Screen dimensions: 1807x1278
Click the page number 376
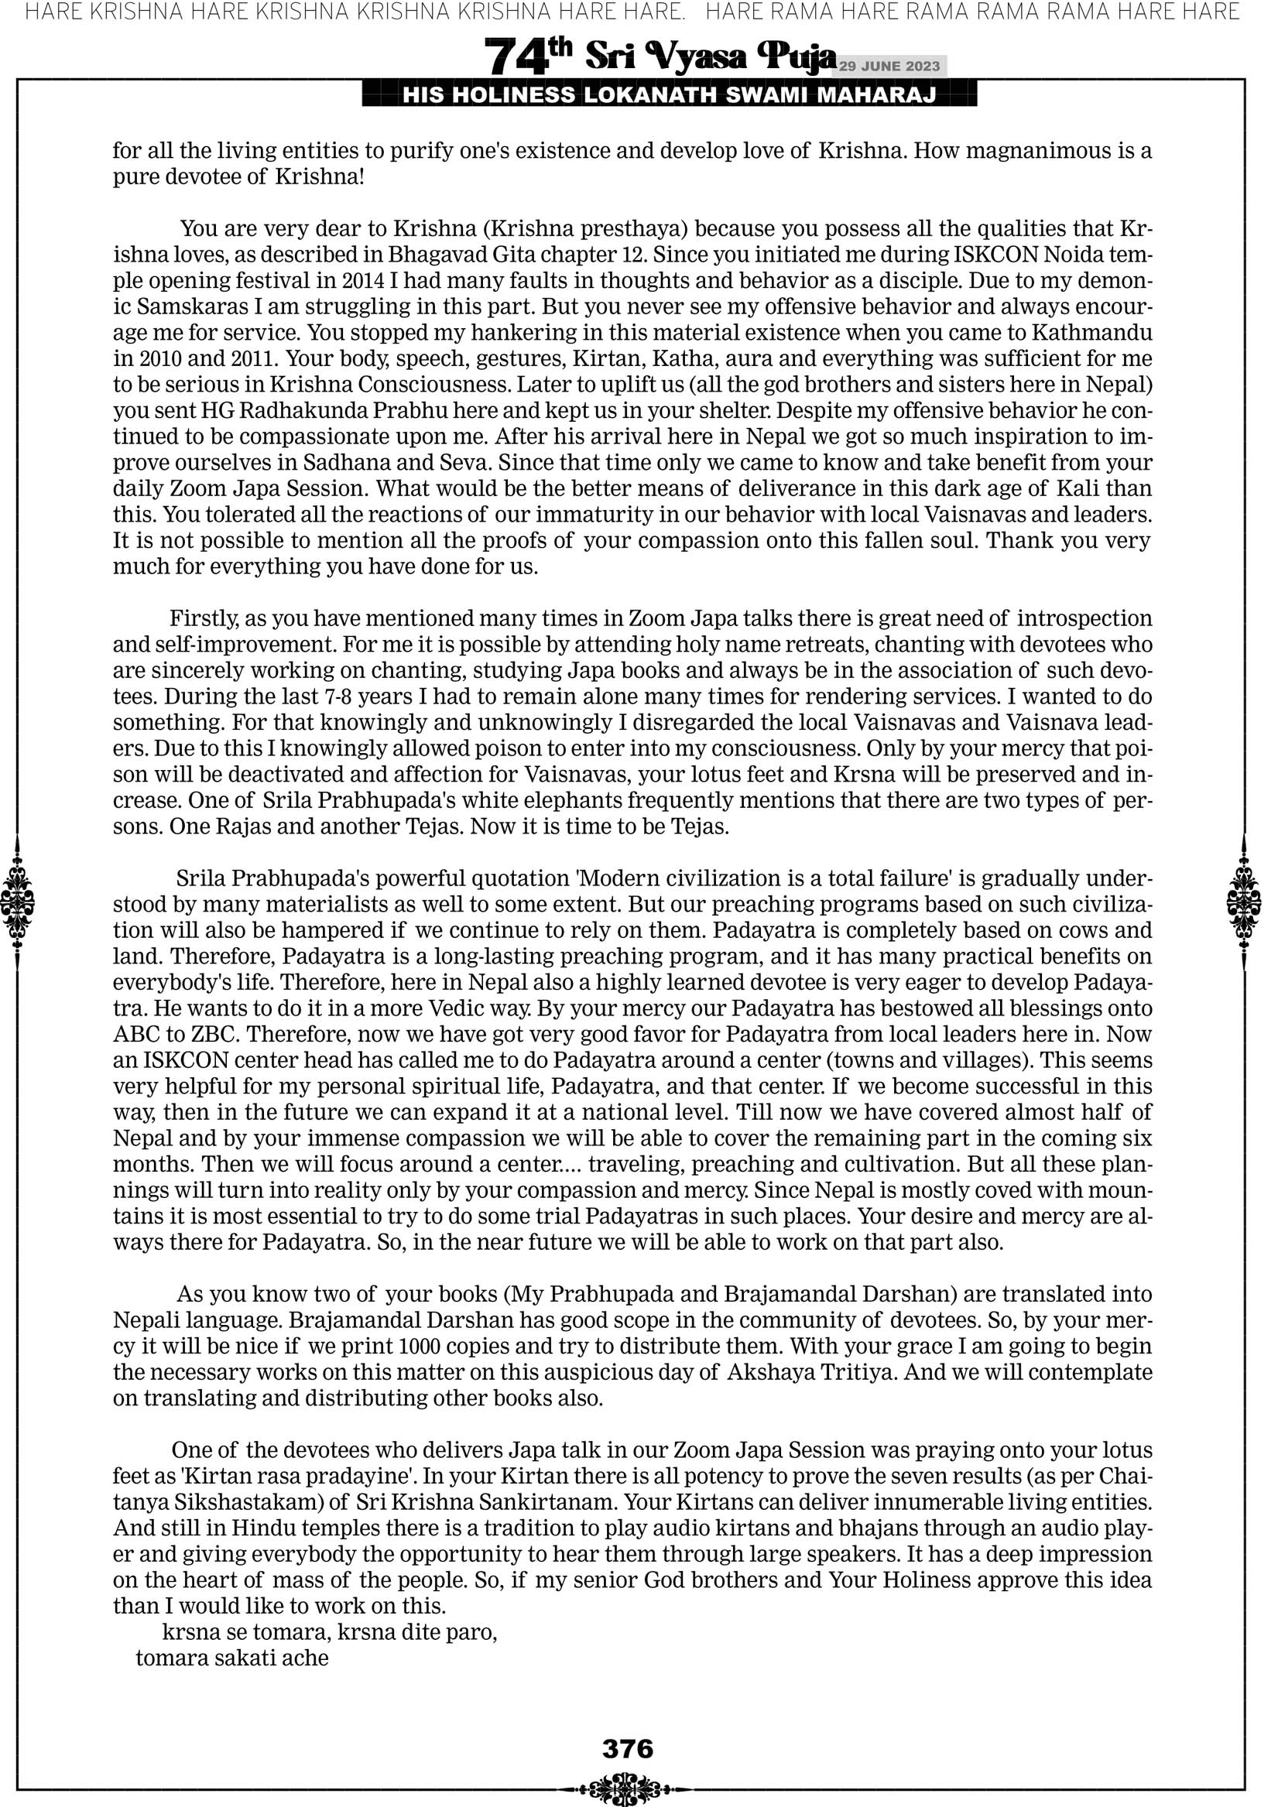[628, 1748]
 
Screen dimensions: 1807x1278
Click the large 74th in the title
[527, 56]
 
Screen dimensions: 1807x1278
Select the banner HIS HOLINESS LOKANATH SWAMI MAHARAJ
[670, 96]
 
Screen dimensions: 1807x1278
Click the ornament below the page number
[628, 1789]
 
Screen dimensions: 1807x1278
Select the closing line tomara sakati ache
[232, 1658]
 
